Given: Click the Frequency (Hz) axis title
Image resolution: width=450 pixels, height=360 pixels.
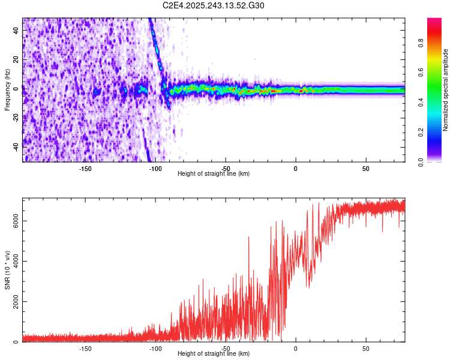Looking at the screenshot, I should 7,90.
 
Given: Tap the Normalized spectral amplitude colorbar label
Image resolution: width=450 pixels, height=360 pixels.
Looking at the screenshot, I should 446,90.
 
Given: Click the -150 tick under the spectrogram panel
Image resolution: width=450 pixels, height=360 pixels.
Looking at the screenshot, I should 85,169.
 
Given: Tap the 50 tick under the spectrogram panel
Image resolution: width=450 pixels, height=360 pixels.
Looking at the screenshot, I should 366,169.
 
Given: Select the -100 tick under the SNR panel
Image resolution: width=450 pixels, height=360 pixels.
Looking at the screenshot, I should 155,349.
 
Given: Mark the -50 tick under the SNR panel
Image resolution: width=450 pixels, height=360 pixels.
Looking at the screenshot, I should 225,349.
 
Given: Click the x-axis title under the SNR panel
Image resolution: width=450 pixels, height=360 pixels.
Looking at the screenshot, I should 214,355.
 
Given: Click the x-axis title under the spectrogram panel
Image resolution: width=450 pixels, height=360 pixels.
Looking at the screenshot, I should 214,174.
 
